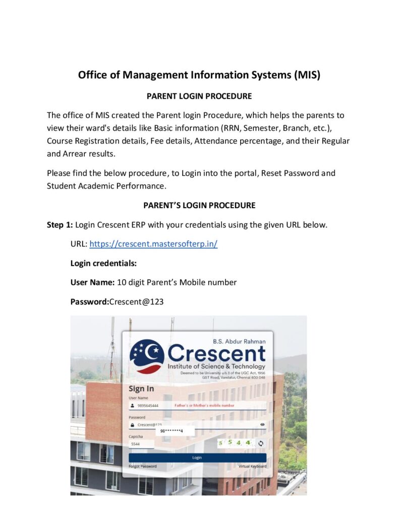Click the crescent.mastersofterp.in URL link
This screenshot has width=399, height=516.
(x=153, y=244)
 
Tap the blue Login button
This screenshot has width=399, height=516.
(x=197, y=458)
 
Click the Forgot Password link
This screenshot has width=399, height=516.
(x=143, y=466)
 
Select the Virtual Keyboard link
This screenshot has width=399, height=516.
(x=252, y=466)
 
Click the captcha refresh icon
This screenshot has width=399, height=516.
(x=261, y=443)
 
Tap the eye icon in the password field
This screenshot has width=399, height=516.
(x=262, y=425)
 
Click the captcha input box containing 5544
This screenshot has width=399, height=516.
(x=141, y=444)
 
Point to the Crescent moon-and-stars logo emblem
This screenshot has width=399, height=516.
(x=147, y=356)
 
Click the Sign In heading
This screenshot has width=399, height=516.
(x=141, y=389)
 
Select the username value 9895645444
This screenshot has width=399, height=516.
(x=148, y=405)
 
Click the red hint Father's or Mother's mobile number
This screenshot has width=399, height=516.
(x=204, y=405)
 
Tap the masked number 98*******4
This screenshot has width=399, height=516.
(x=171, y=431)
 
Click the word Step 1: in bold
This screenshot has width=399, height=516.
(x=60, y=225)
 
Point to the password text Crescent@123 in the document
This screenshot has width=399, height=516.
(x=136, y=301)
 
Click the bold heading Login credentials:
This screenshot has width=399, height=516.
(x=103, y=263)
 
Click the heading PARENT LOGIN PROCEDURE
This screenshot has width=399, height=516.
(x=199, y=96)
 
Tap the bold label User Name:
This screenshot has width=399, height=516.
(x=92, y=282)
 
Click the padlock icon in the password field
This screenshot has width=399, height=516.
(x=133, y=425)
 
